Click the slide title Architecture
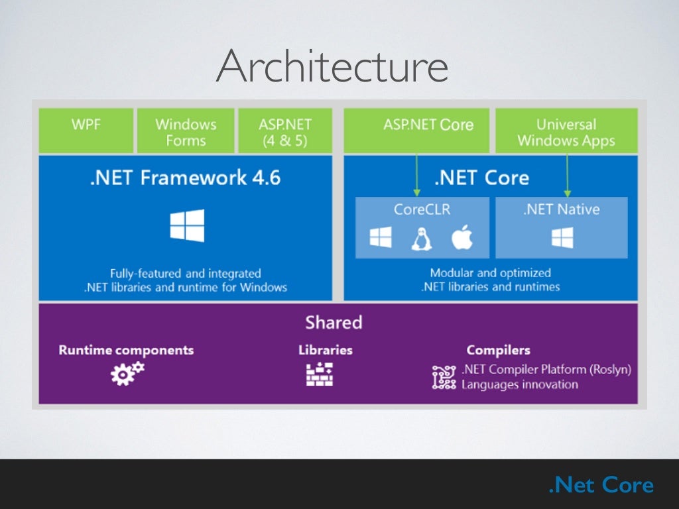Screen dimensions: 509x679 (x=332, y=67)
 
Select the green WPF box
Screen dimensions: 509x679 (x=86, y=131)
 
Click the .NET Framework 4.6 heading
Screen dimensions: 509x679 (x=185, y=178)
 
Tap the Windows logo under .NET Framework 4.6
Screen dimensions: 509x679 (x=186, y=225)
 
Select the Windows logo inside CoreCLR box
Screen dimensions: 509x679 (x=381, y=238)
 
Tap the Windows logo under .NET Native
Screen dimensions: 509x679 (x=562, y=238)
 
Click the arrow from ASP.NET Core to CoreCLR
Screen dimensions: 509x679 (x=416, y=175)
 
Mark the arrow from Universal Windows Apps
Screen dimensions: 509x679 (x=567, y=175)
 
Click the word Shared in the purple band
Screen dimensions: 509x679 (x=334, y=323)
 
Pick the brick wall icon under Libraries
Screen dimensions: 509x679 (x=319, y=374)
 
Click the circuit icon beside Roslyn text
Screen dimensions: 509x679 (x=444, y=377)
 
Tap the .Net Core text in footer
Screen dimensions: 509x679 (x=601, y=485)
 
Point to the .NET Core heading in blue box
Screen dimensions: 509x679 (x=481, y=178)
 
